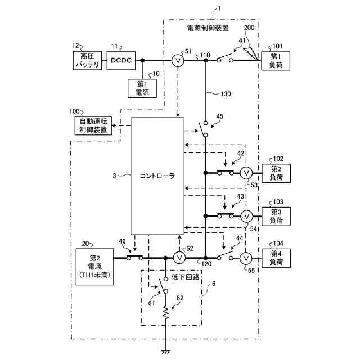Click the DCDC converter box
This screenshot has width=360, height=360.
121,60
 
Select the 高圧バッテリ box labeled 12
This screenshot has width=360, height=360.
87,60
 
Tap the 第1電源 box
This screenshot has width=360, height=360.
142,88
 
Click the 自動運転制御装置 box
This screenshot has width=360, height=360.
93,125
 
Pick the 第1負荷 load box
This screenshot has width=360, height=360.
276,61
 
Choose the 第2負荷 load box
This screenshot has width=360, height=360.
276,173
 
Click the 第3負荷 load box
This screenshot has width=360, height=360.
276,216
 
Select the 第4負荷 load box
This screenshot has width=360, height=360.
276,258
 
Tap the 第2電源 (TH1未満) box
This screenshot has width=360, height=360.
95,267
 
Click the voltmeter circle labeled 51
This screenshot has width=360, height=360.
178,61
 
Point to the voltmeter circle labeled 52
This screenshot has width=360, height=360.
179,258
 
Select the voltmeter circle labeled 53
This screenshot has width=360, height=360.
246,173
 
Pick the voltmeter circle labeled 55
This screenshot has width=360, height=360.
246,259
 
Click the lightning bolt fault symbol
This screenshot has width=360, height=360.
251,54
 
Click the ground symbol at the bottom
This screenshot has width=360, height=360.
165,352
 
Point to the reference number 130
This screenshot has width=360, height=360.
226,94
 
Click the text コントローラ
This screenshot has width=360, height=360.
157,176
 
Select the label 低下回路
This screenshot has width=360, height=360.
185,277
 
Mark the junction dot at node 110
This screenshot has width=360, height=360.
206,60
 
